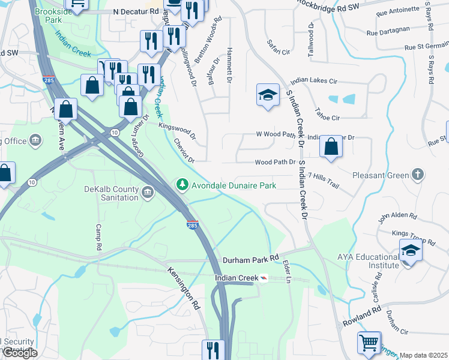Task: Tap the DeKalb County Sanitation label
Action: click(111, 193)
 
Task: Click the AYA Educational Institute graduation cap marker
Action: click(411, 250)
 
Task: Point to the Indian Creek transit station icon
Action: click(263, 279)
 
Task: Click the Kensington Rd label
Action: click(184, 288)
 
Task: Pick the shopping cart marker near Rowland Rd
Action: click(369, 343)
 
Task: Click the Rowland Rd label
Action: click(363, 317)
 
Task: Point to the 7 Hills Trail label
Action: click(323, 181)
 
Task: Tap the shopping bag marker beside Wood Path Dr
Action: click(331, 147)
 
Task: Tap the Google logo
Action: click(20, 353)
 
